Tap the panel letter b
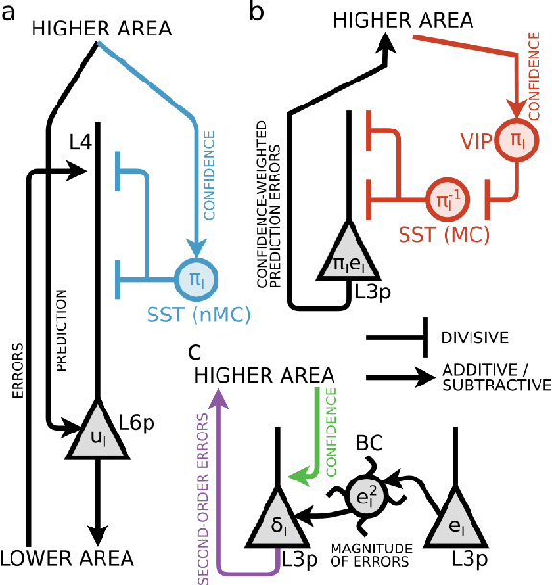click(x=258, y=12)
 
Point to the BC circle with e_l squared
click(x=365, y=495)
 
